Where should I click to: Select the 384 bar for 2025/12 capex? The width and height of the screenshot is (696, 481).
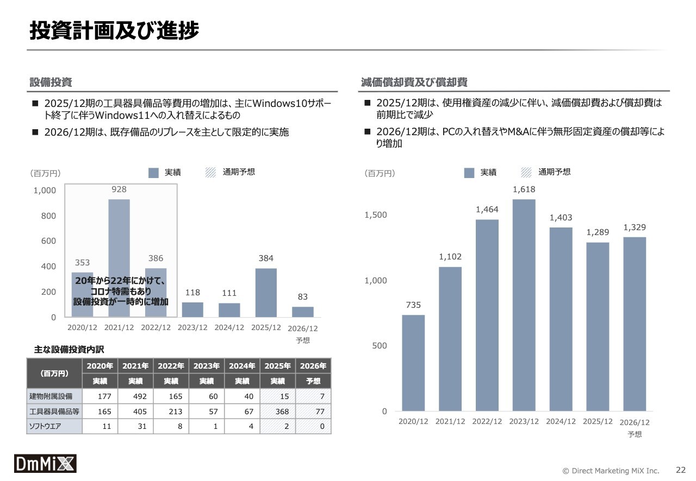(x=266, y=293)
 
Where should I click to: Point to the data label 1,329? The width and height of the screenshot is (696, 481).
(x=635, y=227)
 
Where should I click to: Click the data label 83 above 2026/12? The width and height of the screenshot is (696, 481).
(x=303, y=296)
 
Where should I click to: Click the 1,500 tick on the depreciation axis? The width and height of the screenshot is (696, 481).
(x=376, y=215)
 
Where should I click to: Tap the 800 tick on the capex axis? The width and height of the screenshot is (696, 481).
(x=48, y=216)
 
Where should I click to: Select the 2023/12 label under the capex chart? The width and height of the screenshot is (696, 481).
(x=192, y=328)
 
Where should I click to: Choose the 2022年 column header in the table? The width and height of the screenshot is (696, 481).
(x=171, y=366)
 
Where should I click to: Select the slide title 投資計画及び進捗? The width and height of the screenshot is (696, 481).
(x=114, y=30)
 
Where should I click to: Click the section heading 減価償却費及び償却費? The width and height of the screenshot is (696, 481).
(x=414, y=82)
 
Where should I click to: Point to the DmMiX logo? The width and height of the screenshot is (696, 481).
(x=45, y=463)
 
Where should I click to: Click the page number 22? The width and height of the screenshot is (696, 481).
(x=681, y=470)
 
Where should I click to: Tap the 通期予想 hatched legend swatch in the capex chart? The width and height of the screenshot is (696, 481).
(x=210, y=173)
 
